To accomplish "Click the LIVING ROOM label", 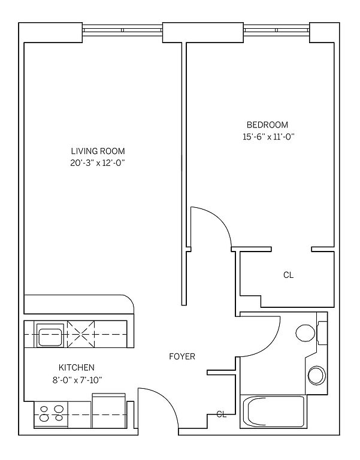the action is (98, 151).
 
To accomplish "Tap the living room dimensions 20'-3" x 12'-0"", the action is (98, 163).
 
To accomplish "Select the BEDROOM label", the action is (267, 125).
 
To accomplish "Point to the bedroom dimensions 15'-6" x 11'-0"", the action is (268, 137).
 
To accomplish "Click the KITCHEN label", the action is (77, 367).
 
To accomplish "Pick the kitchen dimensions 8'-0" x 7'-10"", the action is (77, 380).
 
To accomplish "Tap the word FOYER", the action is (182, 356).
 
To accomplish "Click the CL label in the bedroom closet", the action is (288, 275).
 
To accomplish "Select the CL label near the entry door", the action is (222, 414).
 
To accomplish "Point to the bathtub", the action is (274, 411).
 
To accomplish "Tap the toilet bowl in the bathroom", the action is (305, 333).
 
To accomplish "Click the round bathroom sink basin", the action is (317, 375).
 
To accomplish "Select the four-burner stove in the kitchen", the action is (51, 413).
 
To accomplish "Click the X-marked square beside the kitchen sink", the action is (81, 334).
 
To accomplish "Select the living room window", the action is (122, 30).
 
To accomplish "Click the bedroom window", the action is (277, 30).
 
